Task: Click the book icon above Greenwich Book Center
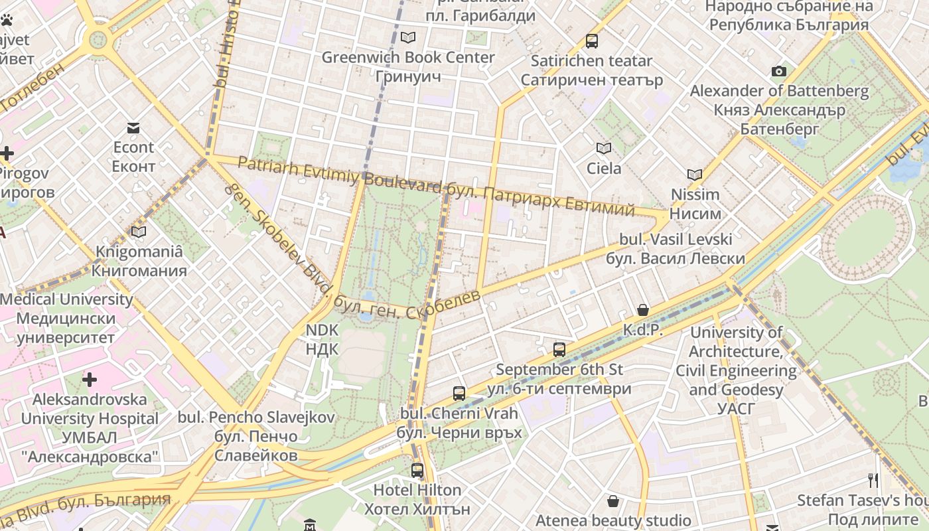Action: (408, 37)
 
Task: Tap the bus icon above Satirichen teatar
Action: (592, 41)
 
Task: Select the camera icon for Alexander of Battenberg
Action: (779, 71)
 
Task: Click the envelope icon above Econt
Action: (133, 127)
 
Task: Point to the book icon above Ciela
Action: (603, 148)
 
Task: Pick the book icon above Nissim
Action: (695, 175)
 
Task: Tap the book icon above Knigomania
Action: (139, 232)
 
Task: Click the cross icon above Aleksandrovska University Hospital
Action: (90, 380)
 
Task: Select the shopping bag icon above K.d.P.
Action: (642, 310)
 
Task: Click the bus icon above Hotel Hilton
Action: (417, 471)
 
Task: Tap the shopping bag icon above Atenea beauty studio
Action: (613, 500)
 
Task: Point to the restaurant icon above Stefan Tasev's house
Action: (873, 480)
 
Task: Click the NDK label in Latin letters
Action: (322, 330)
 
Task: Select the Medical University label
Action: (66, 299)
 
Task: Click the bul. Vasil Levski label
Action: (675, 239)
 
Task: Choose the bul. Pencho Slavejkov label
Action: (256, 417)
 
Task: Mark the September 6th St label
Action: (559, 369)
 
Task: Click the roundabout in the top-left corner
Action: (98, 39)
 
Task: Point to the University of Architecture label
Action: (737, 332)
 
